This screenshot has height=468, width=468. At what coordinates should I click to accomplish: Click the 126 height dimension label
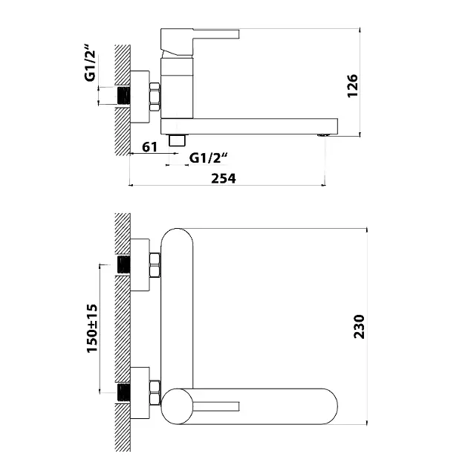pos(353,85)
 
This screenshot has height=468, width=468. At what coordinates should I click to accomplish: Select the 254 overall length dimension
pos(224,178)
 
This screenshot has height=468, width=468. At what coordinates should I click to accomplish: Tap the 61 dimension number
pos(149,147)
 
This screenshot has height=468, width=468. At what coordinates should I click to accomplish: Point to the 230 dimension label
pos(359,327)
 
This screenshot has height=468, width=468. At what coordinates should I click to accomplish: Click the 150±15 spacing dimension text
pos(92,328)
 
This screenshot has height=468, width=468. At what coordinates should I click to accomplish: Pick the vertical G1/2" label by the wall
pos(90,62)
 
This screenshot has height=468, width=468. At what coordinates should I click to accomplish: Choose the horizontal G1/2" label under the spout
pos(209,158)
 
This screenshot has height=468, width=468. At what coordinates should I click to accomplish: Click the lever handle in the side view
pos(200,42)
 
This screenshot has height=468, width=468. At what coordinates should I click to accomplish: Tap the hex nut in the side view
pos(155,97)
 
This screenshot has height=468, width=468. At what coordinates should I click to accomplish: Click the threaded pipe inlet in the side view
pos(123,96)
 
